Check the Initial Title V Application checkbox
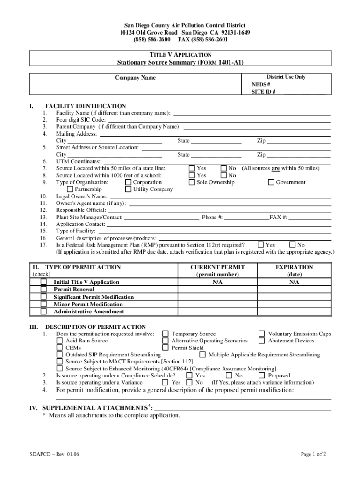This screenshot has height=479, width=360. (43, 282)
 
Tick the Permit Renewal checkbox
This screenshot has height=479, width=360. (43, 290)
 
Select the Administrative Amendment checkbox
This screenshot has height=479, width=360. (43, 312)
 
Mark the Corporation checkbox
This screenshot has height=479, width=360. (129, 182)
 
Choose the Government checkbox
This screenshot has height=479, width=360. (271, 182)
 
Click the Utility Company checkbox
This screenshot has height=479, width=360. (129, 189)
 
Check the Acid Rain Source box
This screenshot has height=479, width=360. (59, 341)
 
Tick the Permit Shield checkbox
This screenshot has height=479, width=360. (165, 348)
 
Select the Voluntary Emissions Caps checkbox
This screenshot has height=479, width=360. (262, 334)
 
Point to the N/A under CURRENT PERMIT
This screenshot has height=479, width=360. (217, 282)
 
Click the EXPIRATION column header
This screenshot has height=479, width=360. (294, 267)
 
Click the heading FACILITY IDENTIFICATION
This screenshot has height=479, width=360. (85, 106)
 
